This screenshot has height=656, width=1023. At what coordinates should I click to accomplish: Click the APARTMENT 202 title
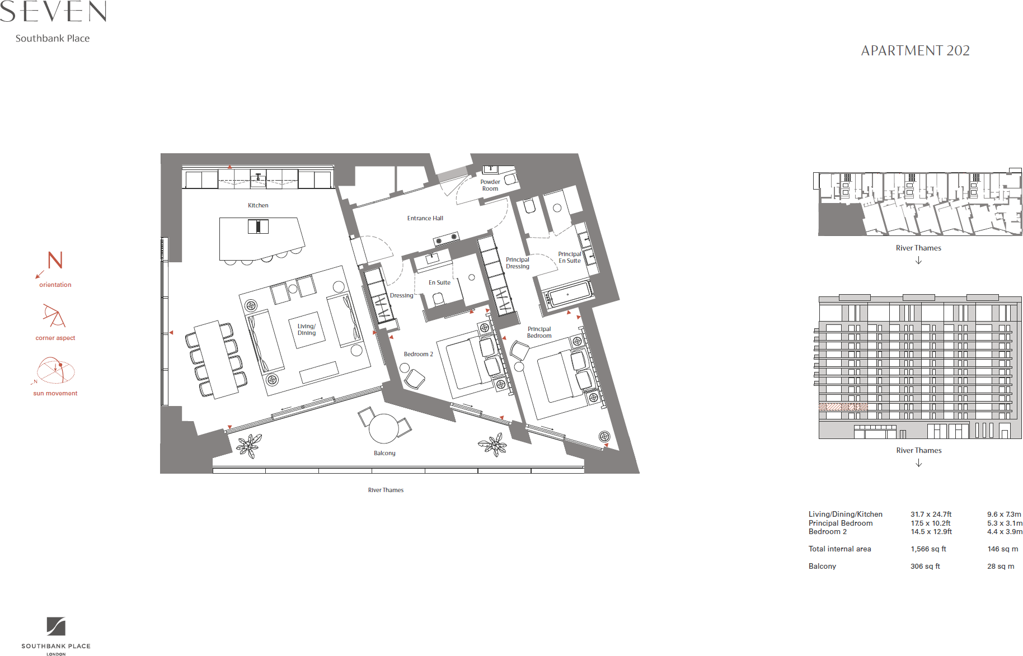(x=915, y=51)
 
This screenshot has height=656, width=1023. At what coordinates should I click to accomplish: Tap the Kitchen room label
(x=258, y=205)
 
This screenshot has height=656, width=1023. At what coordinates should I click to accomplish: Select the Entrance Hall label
(x=425, y=218)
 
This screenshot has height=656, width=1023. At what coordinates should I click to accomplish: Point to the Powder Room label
(x=490, y=185)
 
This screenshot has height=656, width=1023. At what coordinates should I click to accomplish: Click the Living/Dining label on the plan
(x=307, y=329)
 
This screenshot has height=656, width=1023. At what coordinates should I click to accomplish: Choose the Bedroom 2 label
(x=418, y=354)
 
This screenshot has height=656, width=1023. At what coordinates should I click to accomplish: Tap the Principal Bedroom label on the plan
(x=539, y=332)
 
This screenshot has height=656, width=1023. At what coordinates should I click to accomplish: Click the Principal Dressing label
(x=517, y=263)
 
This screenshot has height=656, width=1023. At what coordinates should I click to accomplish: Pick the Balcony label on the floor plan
(x=384, y=453)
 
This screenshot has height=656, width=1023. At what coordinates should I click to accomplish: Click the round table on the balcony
(x=384, y=428)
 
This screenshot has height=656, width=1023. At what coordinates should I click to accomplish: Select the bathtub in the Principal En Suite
(x=567, y=295)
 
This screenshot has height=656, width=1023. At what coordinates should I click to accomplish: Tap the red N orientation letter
(x=55, y=260)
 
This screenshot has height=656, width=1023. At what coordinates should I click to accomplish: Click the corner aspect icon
(x=54, y=316)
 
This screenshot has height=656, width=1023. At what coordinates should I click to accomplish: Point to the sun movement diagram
(x=55, y=371)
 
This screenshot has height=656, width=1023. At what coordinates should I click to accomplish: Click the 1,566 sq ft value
(x=928, y=549)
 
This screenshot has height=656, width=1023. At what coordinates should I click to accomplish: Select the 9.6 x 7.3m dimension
(x=1004, y=515)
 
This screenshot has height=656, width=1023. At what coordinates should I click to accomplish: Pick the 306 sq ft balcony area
(x=925, y=567)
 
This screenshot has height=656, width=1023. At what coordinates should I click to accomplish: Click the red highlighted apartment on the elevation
(x=843, y=407)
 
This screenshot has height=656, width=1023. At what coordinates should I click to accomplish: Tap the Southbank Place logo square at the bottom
(x=56, y=626)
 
